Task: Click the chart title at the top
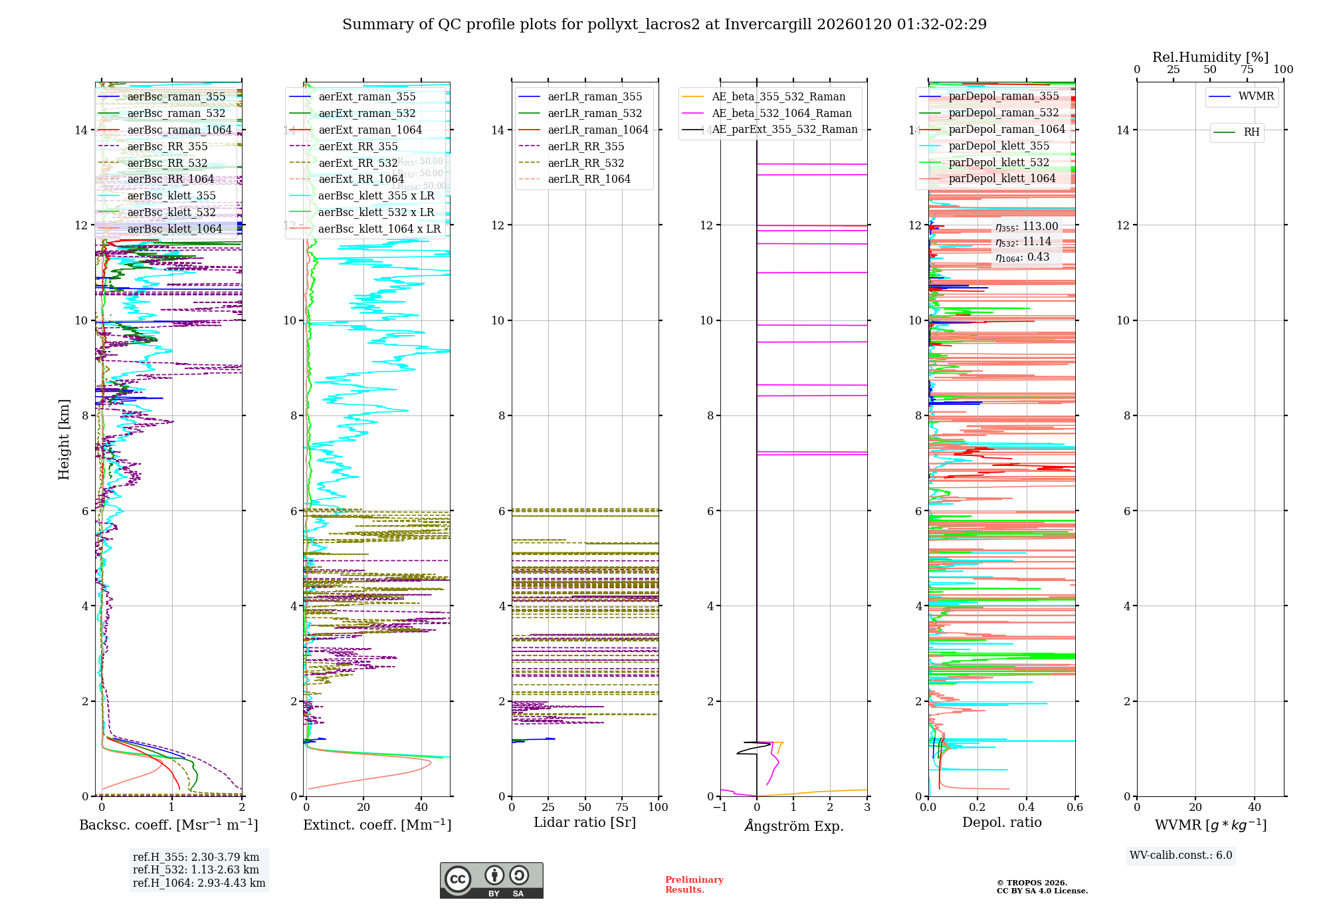664,25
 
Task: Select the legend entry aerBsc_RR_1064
170,179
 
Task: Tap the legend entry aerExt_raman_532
367,114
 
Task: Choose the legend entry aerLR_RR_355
585,147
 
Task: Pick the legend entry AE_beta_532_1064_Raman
781,114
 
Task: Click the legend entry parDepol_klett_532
999,163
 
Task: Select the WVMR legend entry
1256,96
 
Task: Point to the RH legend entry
1251,132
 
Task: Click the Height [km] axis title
64,439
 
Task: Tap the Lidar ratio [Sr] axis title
585,823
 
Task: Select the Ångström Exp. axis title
794,826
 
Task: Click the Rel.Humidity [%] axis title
1210,57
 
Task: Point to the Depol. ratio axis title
1002,823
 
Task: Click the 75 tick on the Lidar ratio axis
622,808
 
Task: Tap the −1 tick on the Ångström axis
720,808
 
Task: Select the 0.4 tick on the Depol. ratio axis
1026,808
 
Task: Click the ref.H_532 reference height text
195,870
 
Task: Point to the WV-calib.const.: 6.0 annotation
1181,855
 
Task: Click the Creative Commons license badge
491,880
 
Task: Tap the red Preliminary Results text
694,885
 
